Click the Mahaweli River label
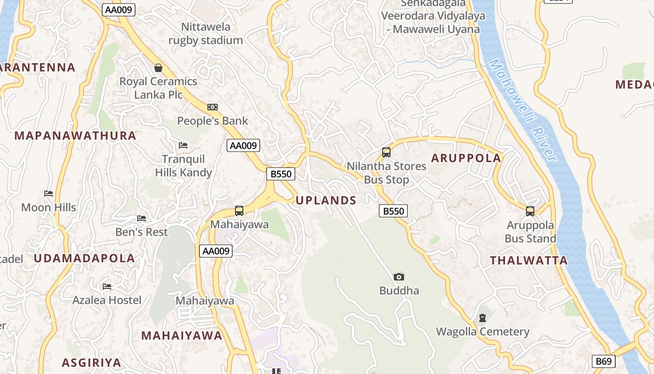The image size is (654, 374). coord(523,110)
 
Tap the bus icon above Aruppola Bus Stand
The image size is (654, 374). coord(530,211)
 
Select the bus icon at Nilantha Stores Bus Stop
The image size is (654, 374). coord(386,152)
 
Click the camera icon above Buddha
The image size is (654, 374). coord(398,277)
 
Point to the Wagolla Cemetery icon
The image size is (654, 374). coord(483,318)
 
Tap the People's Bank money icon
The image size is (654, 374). coord(213,107)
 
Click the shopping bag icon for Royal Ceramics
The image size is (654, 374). coord(158,68)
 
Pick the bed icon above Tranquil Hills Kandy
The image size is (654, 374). coord(183,145)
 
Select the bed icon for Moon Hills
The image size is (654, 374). coord(49,194)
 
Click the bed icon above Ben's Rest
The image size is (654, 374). coord(142,218)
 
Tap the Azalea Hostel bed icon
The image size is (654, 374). coord(107,286)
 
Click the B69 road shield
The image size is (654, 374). coord(604,361)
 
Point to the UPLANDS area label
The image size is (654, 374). coord(326,201)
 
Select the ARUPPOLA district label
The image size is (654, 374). coord(466,158)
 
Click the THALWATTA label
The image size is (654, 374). coord(529,260)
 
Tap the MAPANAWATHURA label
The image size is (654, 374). coord(75,136)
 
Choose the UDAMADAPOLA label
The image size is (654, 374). coord(84,258)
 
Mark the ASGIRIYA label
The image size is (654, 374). coord(92,362)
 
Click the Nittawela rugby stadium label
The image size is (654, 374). coord(206,34)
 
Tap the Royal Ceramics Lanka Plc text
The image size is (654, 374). coord(158,88)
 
